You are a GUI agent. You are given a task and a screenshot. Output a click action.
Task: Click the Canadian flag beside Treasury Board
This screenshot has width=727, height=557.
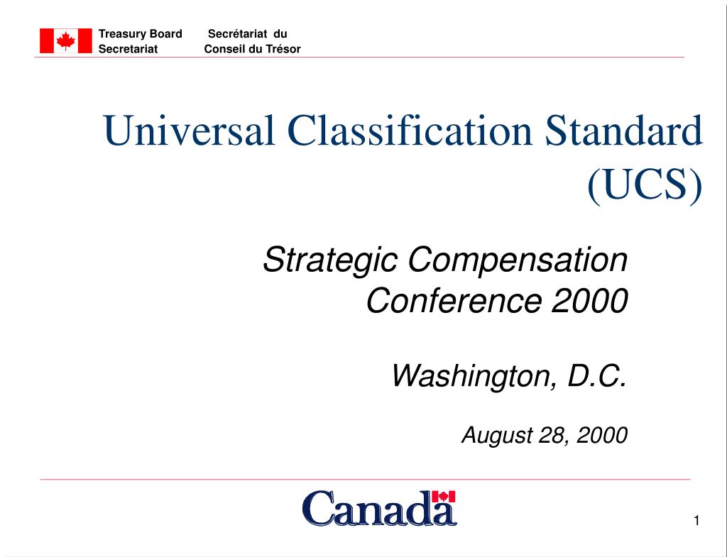tap(66, 41)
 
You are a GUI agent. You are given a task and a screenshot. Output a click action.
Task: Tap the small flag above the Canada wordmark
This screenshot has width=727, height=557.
tap(444, 497)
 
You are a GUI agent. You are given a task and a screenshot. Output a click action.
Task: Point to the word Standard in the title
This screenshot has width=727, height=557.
tap(625, 132)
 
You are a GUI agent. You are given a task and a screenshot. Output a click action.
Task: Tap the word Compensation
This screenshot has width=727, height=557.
tap(518, 260)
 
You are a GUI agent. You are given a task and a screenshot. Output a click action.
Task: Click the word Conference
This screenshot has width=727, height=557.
tap(454, 302)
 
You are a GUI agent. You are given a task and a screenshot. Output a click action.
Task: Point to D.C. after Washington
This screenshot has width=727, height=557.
tap(597, 376)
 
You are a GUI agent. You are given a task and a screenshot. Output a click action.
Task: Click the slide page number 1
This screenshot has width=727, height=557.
tap(696, 522)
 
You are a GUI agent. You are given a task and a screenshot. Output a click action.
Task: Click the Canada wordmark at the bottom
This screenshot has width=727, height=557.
tap(379, 509)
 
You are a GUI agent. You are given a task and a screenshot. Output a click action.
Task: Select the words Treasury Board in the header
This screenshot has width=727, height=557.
tap(141, 34)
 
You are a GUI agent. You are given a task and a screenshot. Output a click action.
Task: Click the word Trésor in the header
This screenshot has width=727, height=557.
tap(283, 49)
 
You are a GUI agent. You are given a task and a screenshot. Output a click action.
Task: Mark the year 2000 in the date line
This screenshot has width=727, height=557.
tap(602, 435)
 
